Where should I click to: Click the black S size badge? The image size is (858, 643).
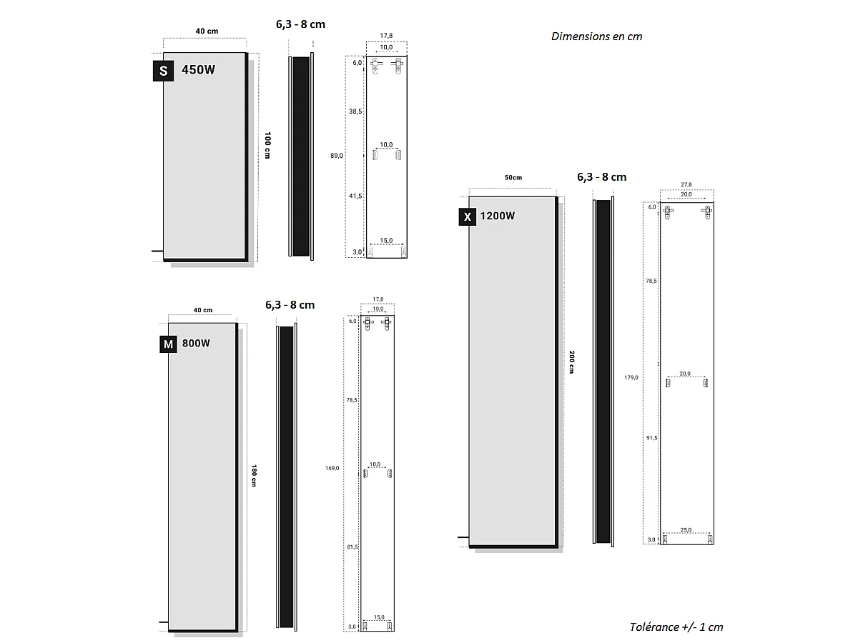click(163, 71)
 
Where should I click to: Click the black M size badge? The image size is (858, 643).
click(168, 344)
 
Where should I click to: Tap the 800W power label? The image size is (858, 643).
click(196, 343)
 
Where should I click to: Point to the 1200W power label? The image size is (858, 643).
click(498, 216)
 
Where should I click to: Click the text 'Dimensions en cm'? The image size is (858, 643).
click(596, 36)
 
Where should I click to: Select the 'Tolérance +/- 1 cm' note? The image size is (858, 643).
click(676, 627)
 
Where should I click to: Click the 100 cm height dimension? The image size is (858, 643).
click(267, 146)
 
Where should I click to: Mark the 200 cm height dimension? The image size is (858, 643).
click(572, 362)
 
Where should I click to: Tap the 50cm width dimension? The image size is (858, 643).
click(513, 177)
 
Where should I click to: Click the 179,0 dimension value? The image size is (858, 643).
click(631, 377)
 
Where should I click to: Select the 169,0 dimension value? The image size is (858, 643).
click(332, 468)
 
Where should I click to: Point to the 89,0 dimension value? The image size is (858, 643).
click(337, 155)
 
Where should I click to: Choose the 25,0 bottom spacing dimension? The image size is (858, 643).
click(686, 530)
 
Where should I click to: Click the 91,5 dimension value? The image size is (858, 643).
click(651, 438)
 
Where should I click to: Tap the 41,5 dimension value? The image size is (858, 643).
click(355, 196)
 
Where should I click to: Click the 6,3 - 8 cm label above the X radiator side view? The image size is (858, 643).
click(601, 177)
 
